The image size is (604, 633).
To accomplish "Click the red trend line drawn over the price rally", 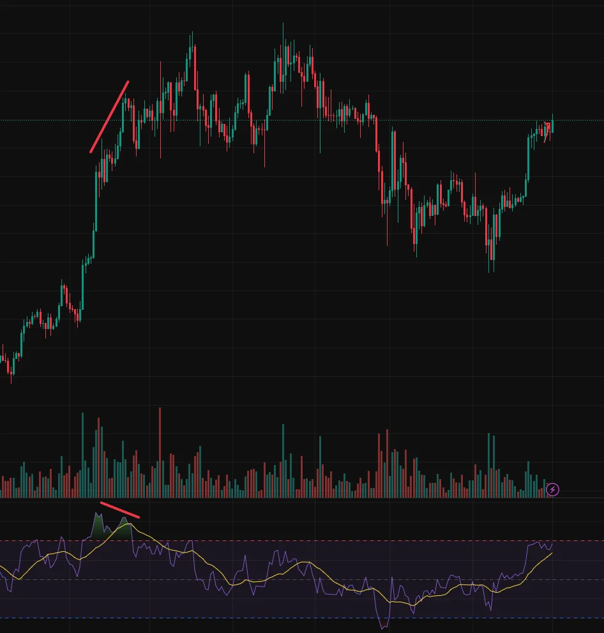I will click(110, 116).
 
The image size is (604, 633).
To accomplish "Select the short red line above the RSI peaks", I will click(119, 510).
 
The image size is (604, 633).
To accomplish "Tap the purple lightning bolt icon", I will click(553, 490).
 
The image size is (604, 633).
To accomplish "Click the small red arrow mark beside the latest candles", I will click(547, 125).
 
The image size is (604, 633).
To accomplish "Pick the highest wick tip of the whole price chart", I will click(283, 24).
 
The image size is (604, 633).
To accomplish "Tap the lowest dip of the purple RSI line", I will click(383, 629).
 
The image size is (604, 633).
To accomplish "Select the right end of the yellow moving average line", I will click(552, 553).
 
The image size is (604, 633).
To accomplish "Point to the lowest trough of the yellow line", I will click(412, 605).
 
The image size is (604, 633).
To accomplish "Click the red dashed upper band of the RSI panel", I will click(319, 541).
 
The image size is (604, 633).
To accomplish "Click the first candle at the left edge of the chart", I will click(2, 355).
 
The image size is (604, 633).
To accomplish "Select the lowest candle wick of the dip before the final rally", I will click(490, 271).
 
